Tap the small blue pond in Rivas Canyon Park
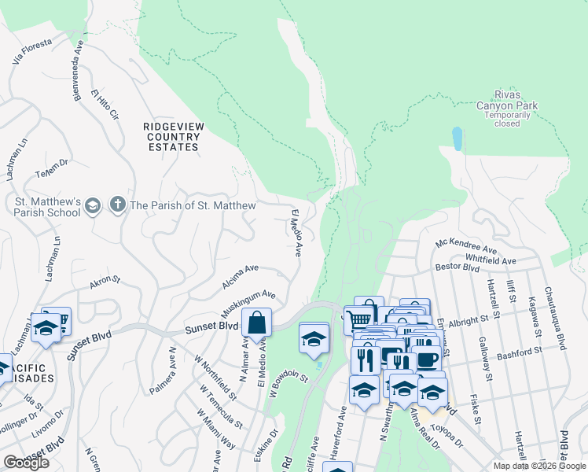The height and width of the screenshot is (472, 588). tap(458, 138)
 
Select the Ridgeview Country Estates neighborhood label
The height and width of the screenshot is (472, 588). tap(171, 136)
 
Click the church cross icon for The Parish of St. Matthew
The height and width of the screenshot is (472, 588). tap(118, 205)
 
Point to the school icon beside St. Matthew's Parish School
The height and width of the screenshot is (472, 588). tap(93, 205)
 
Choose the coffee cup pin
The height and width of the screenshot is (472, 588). tap(428, 360)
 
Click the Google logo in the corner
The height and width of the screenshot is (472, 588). tap(27, 463)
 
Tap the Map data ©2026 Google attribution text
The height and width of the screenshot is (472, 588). tap(539, 466)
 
